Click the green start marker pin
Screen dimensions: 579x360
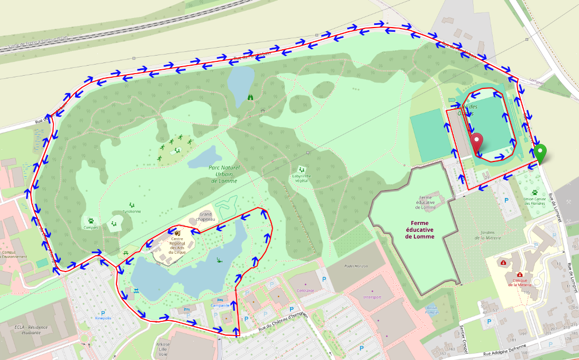[x=540, y=154]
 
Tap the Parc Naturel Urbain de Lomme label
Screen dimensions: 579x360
[x=224, y=174]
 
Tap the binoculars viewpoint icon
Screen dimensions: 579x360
[x=250, y=97]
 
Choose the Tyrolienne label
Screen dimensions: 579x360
[x=132, y=211]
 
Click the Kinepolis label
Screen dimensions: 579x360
[x=103, y=319]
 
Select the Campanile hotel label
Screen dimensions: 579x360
[x=220, y=305]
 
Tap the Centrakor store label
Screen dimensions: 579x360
[x=306, y=290]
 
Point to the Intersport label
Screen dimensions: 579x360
[x=373, y=297]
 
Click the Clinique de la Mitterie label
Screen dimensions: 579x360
[x=520, y=282]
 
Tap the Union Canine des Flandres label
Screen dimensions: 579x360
[x=535, y=201]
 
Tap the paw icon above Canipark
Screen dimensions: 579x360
[x=91, y=220]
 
